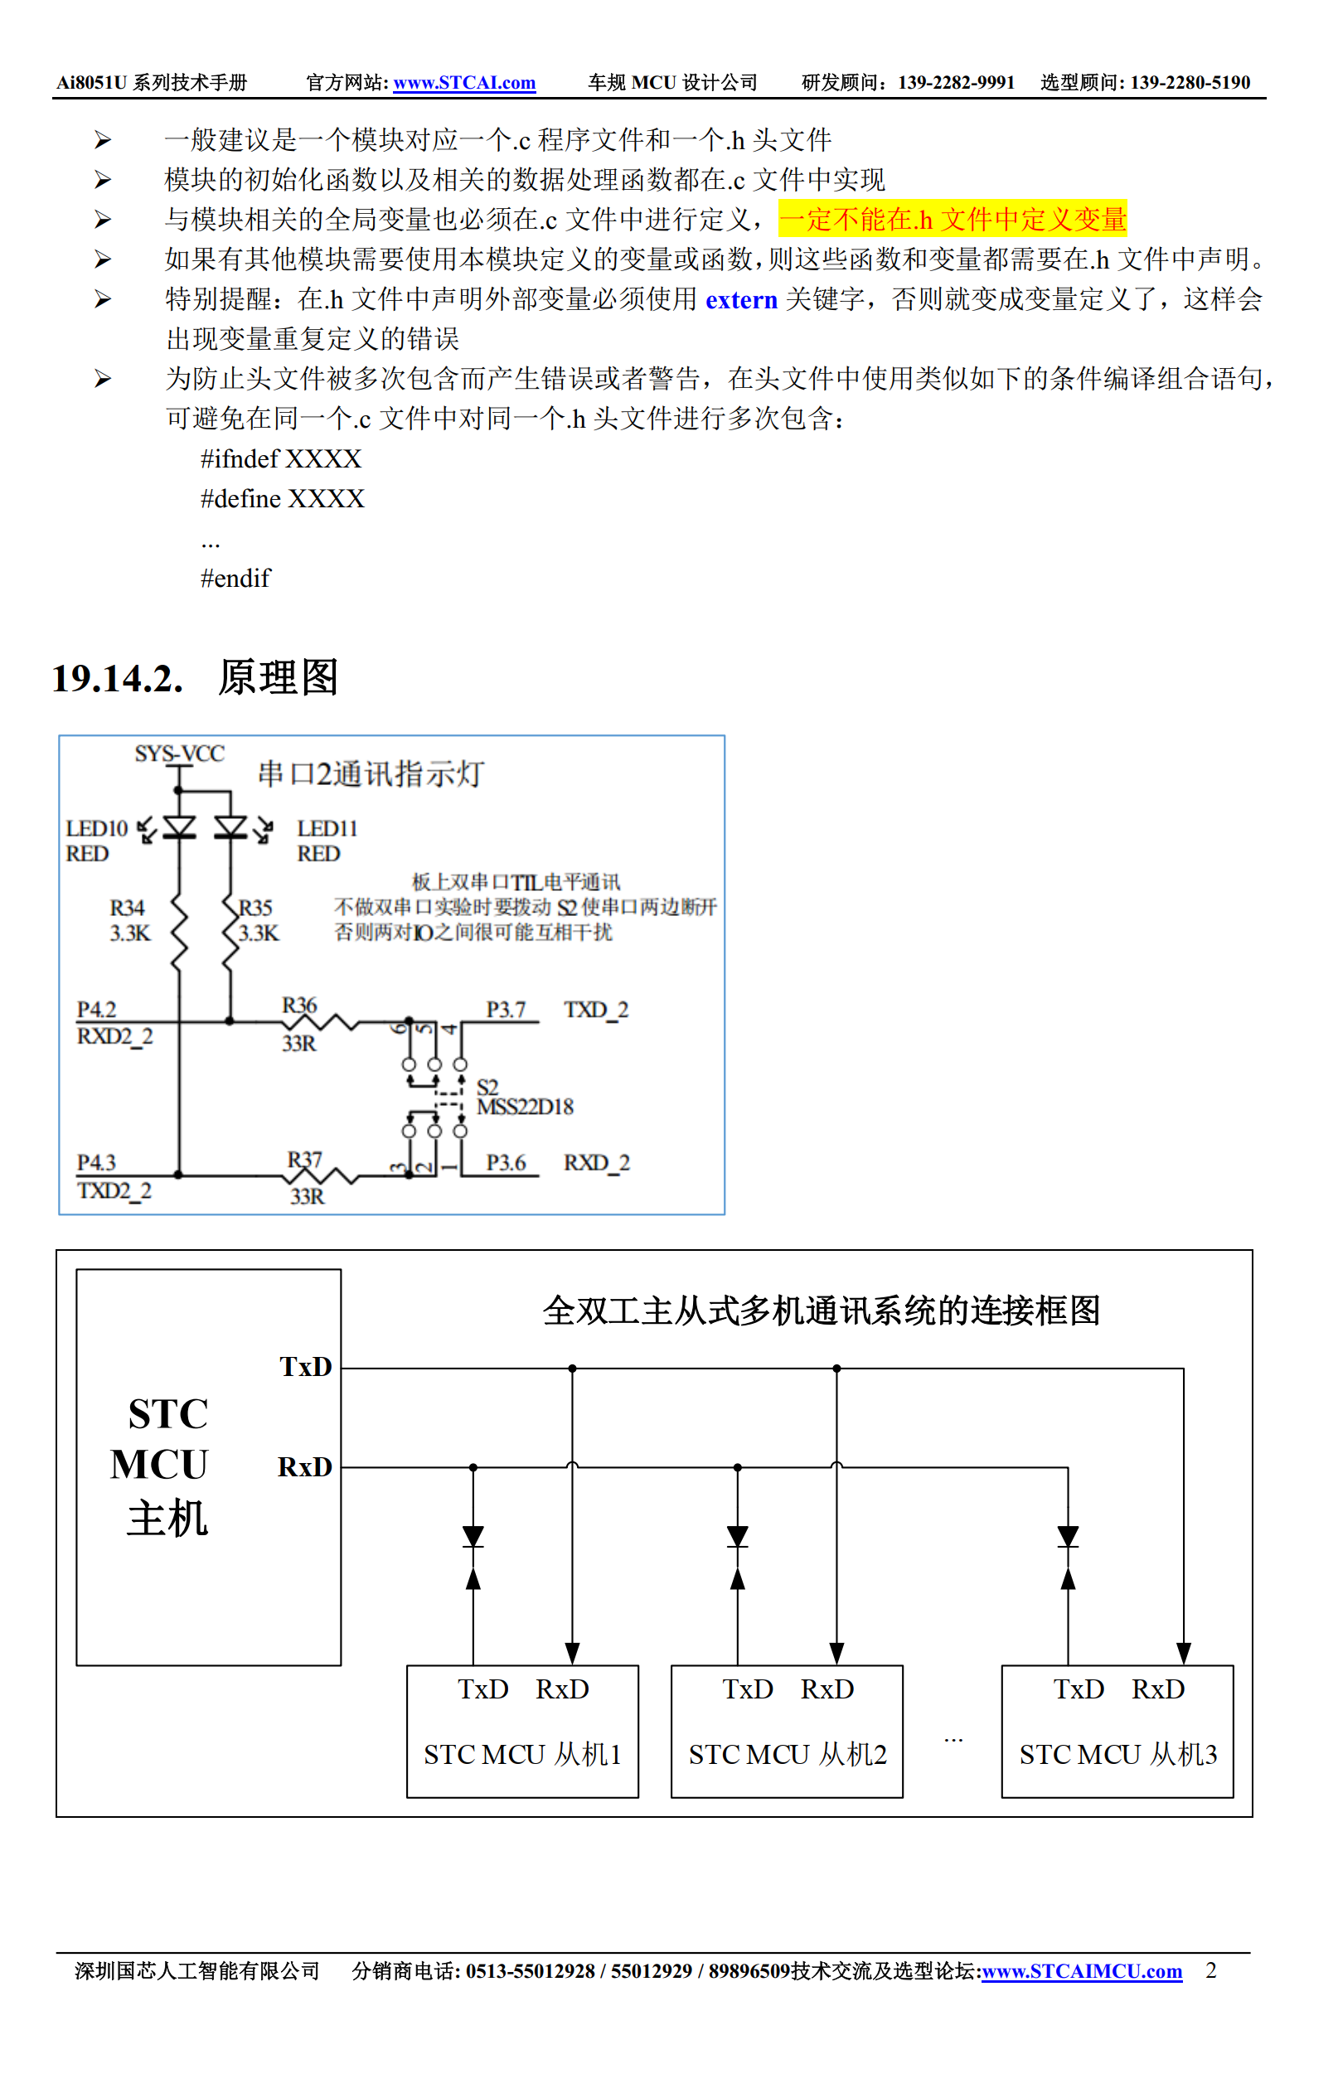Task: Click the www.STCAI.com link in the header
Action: click(464, 83)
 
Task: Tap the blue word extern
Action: click(740, 300)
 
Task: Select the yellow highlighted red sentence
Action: click(953, 220)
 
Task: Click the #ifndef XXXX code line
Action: click(280, 459)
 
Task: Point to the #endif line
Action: click(235, 579)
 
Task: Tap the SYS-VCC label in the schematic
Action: click(179, 753)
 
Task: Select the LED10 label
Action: click(97, 828)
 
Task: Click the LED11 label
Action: click(327, 828)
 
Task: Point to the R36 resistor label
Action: click(298, 1005)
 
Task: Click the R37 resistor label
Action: click(305, 1160)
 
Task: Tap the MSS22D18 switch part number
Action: click(526, 1107)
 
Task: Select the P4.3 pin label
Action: click(96, 1163)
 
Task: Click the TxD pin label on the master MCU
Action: click(305, 1366)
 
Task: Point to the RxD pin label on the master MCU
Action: click(305, 1467)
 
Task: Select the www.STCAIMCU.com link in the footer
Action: click(1081, 1972)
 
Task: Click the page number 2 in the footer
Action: click(1210, 1971)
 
